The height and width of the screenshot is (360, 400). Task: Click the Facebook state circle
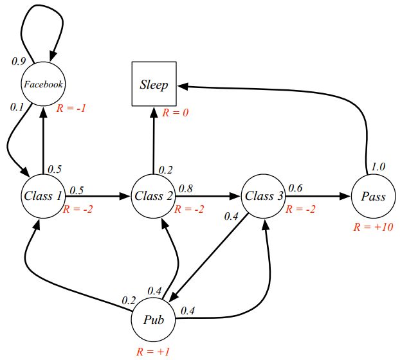tap(43, 84)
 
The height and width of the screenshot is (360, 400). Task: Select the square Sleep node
tap(154, 84)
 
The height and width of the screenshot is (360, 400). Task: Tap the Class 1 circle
tap(42, 195)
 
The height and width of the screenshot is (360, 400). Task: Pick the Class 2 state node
tap(153, 195)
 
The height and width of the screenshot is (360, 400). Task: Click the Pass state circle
tap(372, 196)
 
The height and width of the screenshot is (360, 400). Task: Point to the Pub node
tap(153, 319)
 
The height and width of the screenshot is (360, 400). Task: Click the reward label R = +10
tap(373, 227)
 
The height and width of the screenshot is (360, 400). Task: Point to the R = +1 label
tap(152, 352)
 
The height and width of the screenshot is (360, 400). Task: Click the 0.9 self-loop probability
tap(19, 61)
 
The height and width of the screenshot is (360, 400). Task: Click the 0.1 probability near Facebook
tap(17, 107)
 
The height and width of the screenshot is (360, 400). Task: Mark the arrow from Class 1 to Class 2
tap(96, 196)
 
